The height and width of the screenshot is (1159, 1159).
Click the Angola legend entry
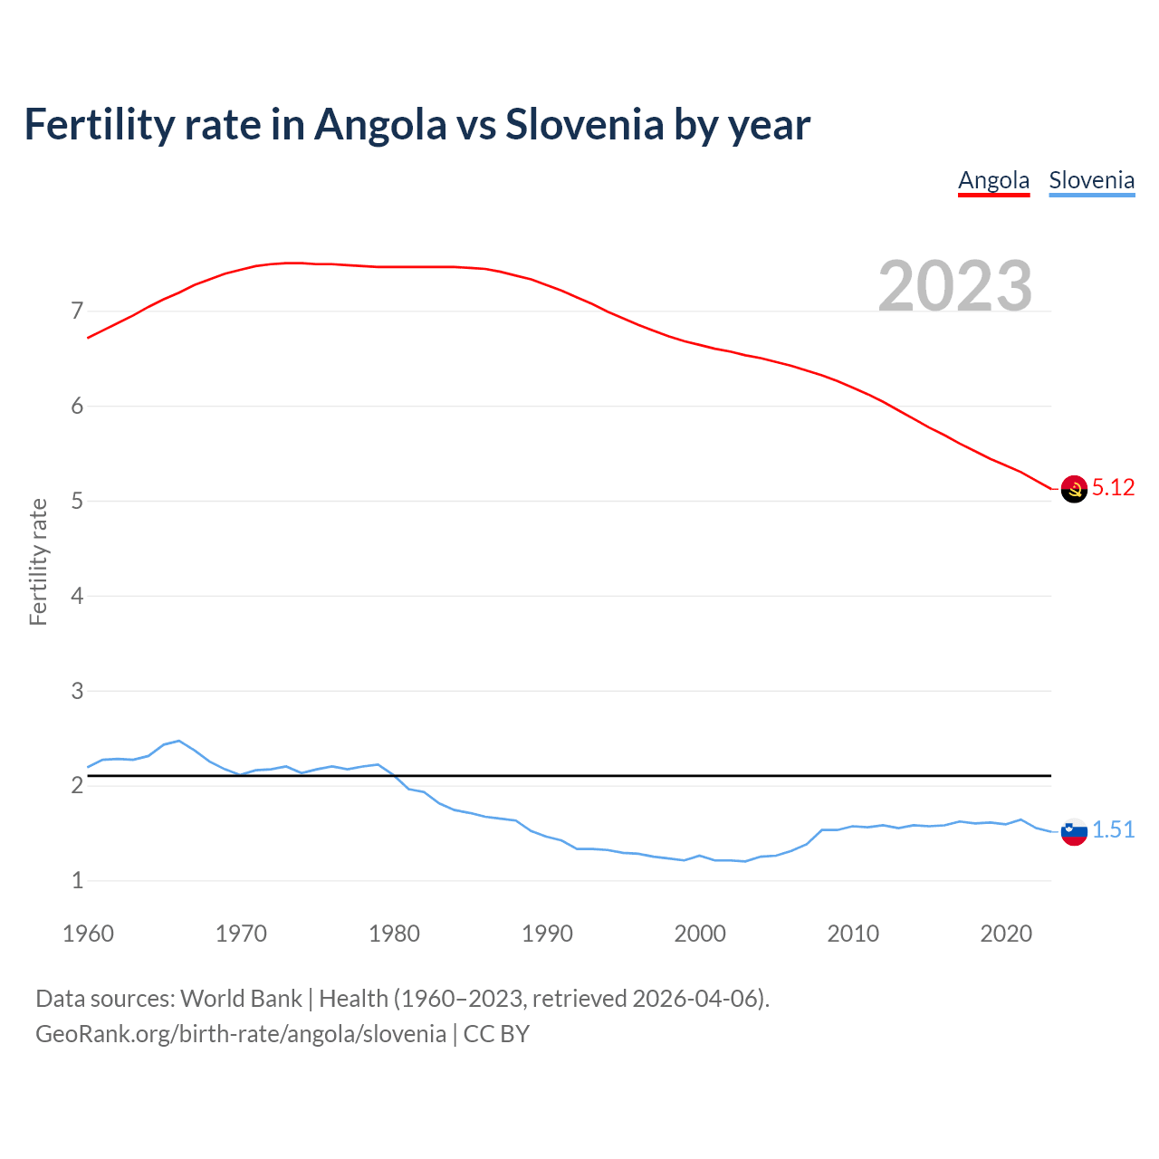[993, 180]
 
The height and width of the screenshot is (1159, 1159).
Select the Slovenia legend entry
[1091, 180]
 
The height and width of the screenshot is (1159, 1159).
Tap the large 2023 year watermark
[955, 286]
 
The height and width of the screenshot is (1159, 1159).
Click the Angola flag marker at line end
[1074, 489]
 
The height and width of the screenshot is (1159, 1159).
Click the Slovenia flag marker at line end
[1074, 831]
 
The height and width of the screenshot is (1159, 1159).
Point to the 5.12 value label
[1113, 487]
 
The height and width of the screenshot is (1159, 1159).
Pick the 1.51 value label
[1113, 829]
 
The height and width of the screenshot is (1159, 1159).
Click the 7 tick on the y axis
[77, 311]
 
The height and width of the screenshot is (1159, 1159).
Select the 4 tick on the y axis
[77, 596]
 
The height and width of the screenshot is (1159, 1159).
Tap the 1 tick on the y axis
[77, 880]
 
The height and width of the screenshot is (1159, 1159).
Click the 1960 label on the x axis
[88, 934]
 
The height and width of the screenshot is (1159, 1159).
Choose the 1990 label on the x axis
[547, 934]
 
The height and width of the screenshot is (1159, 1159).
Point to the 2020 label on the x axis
[1006, 934]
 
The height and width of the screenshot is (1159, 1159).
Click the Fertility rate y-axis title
[38, 561]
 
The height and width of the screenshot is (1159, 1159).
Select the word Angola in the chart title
[380, 124]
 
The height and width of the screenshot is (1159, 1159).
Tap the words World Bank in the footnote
[241, 999]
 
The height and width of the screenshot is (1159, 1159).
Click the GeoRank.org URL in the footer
[241, 1034]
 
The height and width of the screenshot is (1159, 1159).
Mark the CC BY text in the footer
[496, 1034]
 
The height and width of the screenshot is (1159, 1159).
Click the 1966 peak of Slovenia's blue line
[179, 741]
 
